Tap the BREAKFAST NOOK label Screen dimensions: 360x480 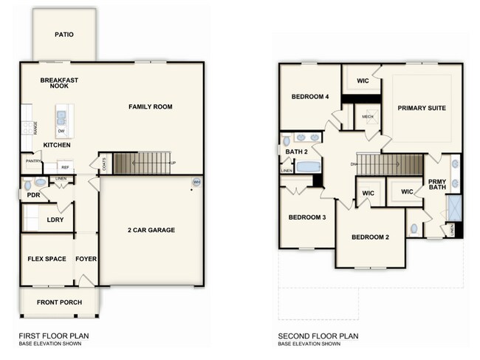[60, 82]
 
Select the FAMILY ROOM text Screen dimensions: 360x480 [150, 107]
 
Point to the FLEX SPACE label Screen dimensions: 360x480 [47, 259]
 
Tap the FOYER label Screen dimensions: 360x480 [86, 259]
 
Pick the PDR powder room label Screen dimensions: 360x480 [33, 196]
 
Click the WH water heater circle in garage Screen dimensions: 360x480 [196, 182]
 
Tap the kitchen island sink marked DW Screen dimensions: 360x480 [62, 118]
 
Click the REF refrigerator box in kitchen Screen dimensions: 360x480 [64, 167]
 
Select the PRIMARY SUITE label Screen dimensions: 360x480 [421, 108]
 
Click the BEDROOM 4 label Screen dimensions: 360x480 [309, 97]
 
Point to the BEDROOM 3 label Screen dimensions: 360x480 [306, 217]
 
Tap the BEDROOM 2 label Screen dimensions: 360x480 [369, 237]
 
